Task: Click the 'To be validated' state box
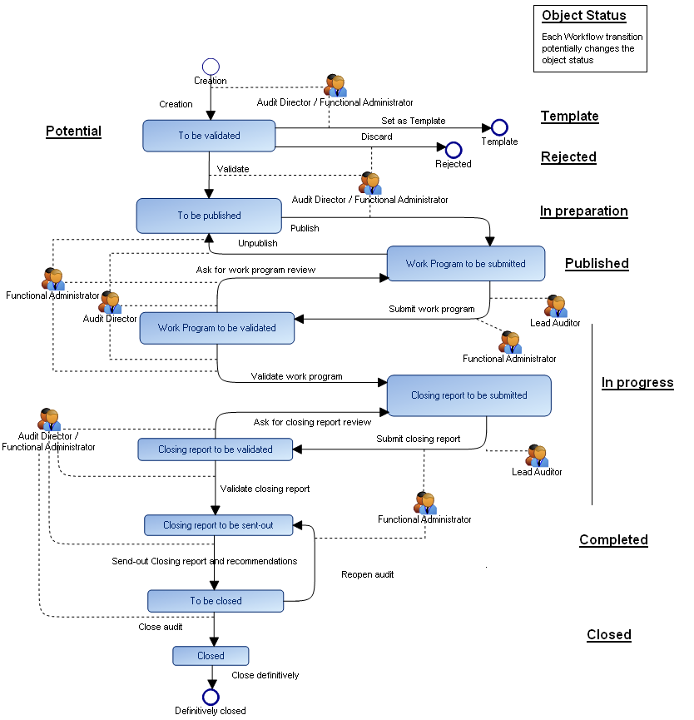(x=209, y=136)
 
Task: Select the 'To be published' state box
(x=209, y=216)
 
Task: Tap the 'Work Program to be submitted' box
(x=465, y=264)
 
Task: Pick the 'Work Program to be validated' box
(x=216, y=328)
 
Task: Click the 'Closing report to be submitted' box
(x=468, y=395)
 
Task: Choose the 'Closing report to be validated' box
(x=216, y=449)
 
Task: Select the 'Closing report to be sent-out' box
(x=217, y=525)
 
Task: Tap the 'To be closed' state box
(x=216, y=601)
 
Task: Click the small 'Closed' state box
(x=211, y=656)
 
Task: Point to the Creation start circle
(x=211, y=67)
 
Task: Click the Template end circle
(x=499, y=127)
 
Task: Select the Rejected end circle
(x=454, y=150)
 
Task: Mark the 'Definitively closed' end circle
(x=211, y=697)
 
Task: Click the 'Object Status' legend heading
(x=584, y=16)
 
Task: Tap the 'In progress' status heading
(x=637, y=383)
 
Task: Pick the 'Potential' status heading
(x=73, y=131)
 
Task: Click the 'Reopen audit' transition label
(x=367, y=574)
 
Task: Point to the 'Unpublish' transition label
(x=258, y=243)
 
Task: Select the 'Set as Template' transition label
(x=413, y=121)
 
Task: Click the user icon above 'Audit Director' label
(x=110, y=302)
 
